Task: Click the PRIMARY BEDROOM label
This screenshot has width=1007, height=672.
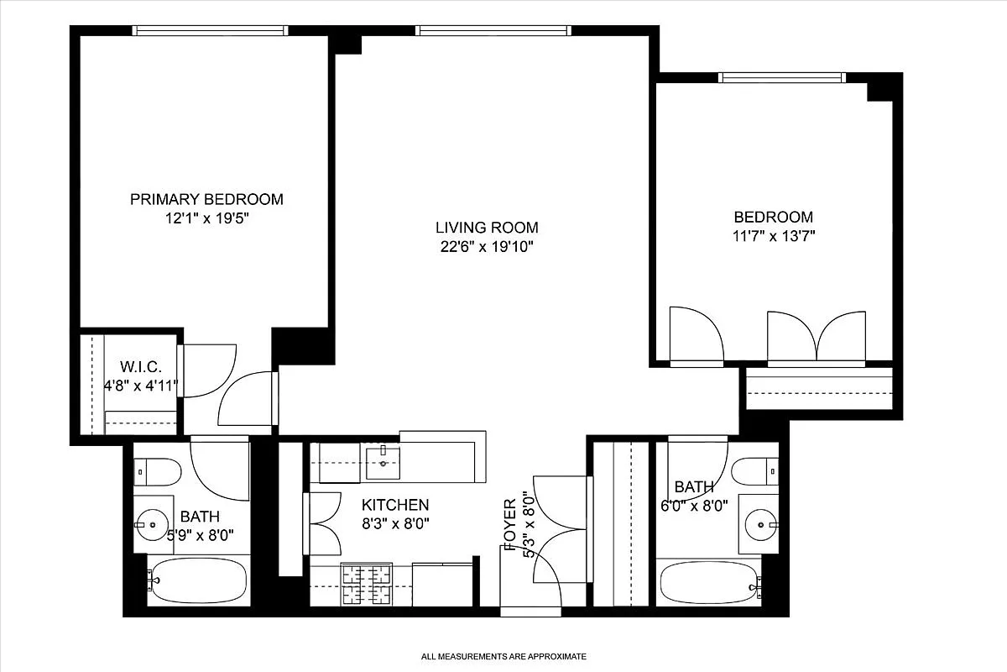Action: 206,199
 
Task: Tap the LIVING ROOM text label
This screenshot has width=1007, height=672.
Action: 487,227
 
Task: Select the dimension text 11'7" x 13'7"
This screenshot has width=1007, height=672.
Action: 773,236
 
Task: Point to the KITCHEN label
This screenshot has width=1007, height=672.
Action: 395,505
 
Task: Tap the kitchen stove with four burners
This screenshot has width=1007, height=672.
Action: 367,584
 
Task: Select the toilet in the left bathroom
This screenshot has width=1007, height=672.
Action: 158,472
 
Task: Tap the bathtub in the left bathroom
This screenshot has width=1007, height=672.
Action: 198,580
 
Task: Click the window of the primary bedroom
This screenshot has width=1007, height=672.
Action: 210,31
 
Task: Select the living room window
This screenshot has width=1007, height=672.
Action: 493,31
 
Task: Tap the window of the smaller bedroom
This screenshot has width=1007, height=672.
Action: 780,77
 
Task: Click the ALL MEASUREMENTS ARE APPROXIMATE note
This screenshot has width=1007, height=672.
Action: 503,656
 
